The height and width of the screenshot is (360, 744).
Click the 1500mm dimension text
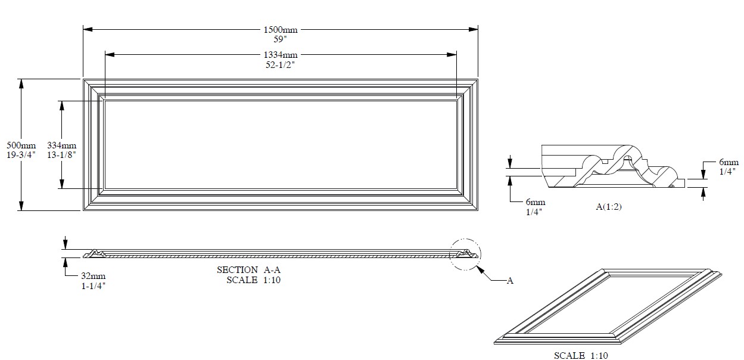point(281,30)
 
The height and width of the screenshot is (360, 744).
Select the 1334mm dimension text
point(281,54)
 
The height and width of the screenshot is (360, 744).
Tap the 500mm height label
point(21,145)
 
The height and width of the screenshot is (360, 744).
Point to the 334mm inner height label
point(62,145)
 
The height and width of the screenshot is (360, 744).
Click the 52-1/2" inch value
point(280,65)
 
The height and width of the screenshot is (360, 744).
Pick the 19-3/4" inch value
point(21,154)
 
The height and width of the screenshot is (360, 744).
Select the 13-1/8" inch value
point(61,154)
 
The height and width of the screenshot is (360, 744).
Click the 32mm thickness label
point(94,276)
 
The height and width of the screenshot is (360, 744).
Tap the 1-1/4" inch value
point(94,286)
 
